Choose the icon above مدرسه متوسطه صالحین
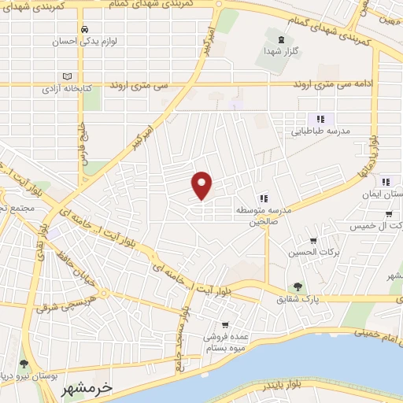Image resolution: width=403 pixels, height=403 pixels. pyautogui.click(x=264, y=198)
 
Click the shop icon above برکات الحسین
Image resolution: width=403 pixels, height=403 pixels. pyautogui.click(x=313, y=241)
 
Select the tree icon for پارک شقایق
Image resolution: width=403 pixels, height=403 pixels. pyautogui.click(x=297, y=287)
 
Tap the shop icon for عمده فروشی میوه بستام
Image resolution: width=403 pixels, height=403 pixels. pyautogui.click(x=225, y=324)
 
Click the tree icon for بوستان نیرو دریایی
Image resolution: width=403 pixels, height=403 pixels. pyautogui.click(x=24, y=364)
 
